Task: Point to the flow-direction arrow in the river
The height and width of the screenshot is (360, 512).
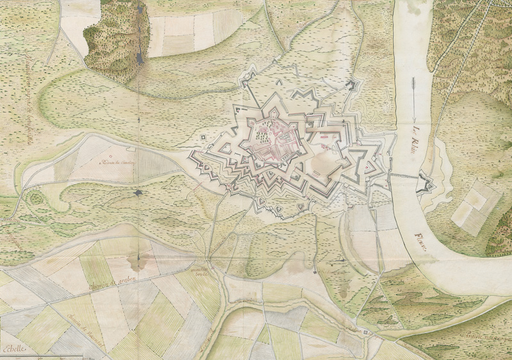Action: click(x=414, y=99)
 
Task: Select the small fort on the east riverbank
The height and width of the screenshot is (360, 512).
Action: click(x=426, y=184)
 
